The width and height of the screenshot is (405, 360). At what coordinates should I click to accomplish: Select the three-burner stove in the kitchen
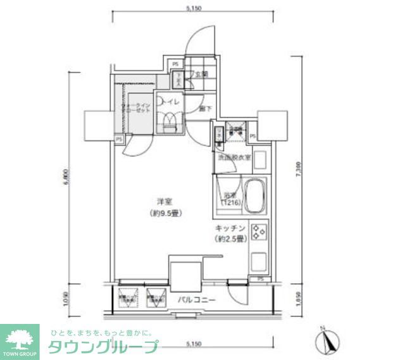click(259, 232)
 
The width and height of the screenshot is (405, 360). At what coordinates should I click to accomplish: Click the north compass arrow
click(325, 342)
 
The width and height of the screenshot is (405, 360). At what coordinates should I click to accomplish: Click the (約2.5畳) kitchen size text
click(230, 239)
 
